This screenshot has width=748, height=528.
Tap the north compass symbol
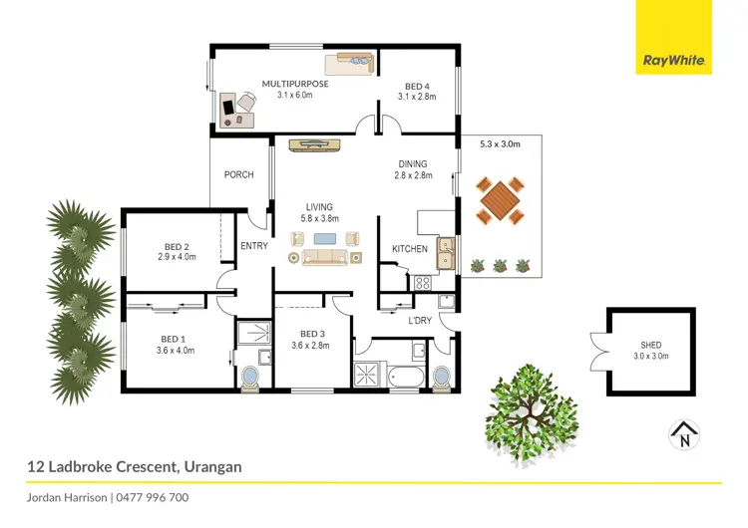pos(684,434)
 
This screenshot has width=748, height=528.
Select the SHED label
pos(650,346)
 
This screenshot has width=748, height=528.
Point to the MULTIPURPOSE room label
pos(295,85)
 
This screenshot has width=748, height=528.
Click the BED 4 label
pos(417,85)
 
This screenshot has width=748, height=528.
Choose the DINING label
pos(412,164)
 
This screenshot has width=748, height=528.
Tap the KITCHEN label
pos(409,249)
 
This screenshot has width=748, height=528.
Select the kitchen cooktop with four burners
pos(422,282)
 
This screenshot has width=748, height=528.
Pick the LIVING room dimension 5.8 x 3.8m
pos(320,218)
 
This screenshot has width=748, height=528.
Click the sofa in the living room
pos(324,257)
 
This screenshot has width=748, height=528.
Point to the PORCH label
pos(238,175)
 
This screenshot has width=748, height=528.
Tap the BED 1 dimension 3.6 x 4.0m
pos(176,350)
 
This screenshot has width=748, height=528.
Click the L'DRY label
pos(420,321)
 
